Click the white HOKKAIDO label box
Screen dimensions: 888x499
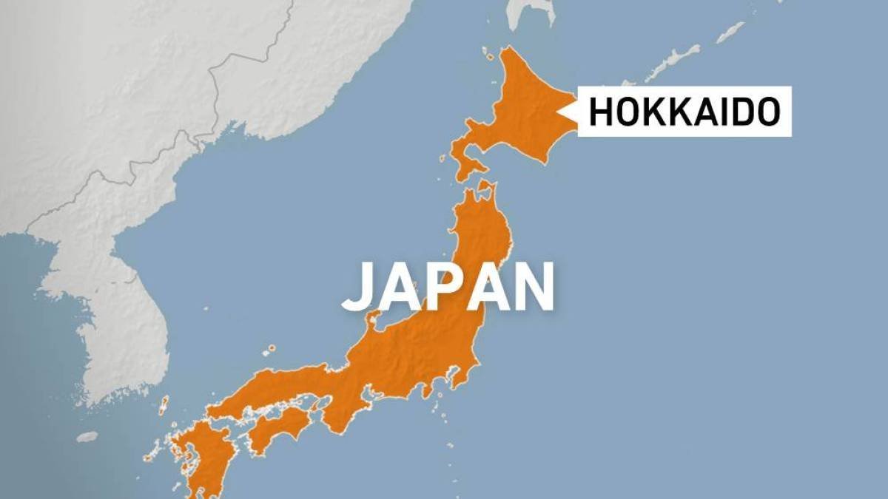684,112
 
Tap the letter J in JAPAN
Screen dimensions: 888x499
358,286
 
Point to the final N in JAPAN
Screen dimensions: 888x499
532,286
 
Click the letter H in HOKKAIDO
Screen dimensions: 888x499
600,112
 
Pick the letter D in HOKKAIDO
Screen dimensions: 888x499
741,112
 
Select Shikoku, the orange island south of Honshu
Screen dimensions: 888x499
277,429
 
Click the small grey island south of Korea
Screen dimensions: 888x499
87,437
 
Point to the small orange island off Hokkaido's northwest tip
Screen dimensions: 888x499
488,53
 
